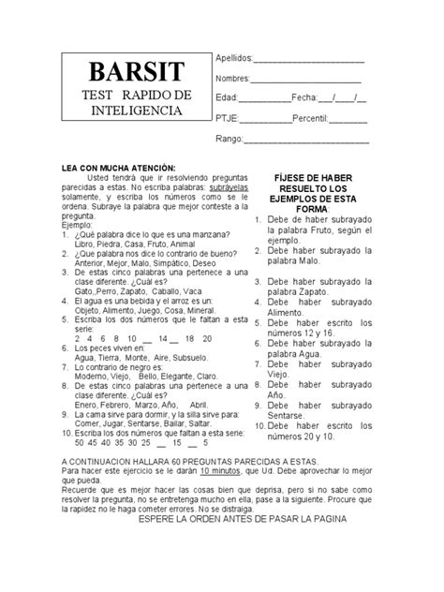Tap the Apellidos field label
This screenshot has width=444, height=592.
236,59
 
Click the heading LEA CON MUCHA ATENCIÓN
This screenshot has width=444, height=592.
118,166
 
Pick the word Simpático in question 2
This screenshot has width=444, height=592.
175,262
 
